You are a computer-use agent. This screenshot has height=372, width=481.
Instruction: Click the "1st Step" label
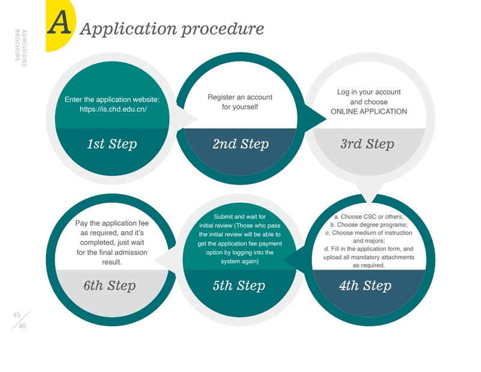112,144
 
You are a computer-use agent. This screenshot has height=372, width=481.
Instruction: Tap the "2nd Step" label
240,144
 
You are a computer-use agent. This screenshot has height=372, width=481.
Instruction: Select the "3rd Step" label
367,144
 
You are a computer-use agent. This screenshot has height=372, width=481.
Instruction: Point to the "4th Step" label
365,285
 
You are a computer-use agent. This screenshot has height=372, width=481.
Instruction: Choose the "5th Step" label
239,285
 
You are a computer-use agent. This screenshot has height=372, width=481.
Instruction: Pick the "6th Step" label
109,285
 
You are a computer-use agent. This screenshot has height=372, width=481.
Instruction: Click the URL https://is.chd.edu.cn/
113,110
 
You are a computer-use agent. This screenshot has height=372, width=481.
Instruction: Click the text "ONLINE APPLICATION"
369,111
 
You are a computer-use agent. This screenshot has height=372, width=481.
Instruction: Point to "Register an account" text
240,97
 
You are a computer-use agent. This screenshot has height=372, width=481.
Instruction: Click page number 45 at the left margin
17,314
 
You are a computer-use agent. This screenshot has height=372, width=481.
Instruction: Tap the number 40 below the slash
22,326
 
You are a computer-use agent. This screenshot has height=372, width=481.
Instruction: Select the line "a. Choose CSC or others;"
369,216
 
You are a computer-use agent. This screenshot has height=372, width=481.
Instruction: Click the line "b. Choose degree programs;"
369,225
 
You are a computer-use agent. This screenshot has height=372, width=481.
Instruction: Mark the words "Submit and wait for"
239,216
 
